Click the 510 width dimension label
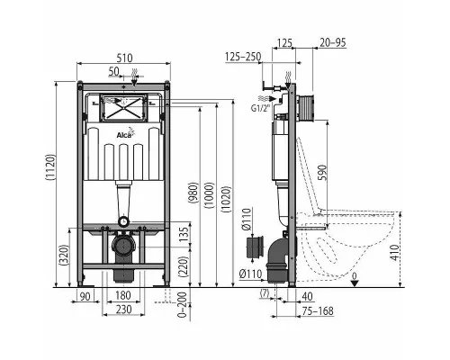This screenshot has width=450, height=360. click(124, 58)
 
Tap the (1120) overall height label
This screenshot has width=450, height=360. click(50, 167)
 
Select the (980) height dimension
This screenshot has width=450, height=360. click(193, 193)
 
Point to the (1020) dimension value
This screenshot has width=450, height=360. click(226, 200)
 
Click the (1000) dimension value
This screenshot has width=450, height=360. click(209, 195)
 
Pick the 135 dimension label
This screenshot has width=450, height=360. click(185, 234)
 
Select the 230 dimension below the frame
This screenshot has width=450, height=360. click(123, 309)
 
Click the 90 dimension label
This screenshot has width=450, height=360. click(85, 296)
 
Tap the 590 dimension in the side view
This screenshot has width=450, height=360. click(321, 173)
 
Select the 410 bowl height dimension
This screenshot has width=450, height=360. click(396, 253)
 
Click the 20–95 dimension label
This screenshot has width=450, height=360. click(333, 42)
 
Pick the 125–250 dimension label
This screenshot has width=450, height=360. click(243, 56)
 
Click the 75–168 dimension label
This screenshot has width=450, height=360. click(319, 310)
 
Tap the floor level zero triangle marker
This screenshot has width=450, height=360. click(355, 283)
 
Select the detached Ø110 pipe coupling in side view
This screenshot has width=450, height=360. click(255, 247)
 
